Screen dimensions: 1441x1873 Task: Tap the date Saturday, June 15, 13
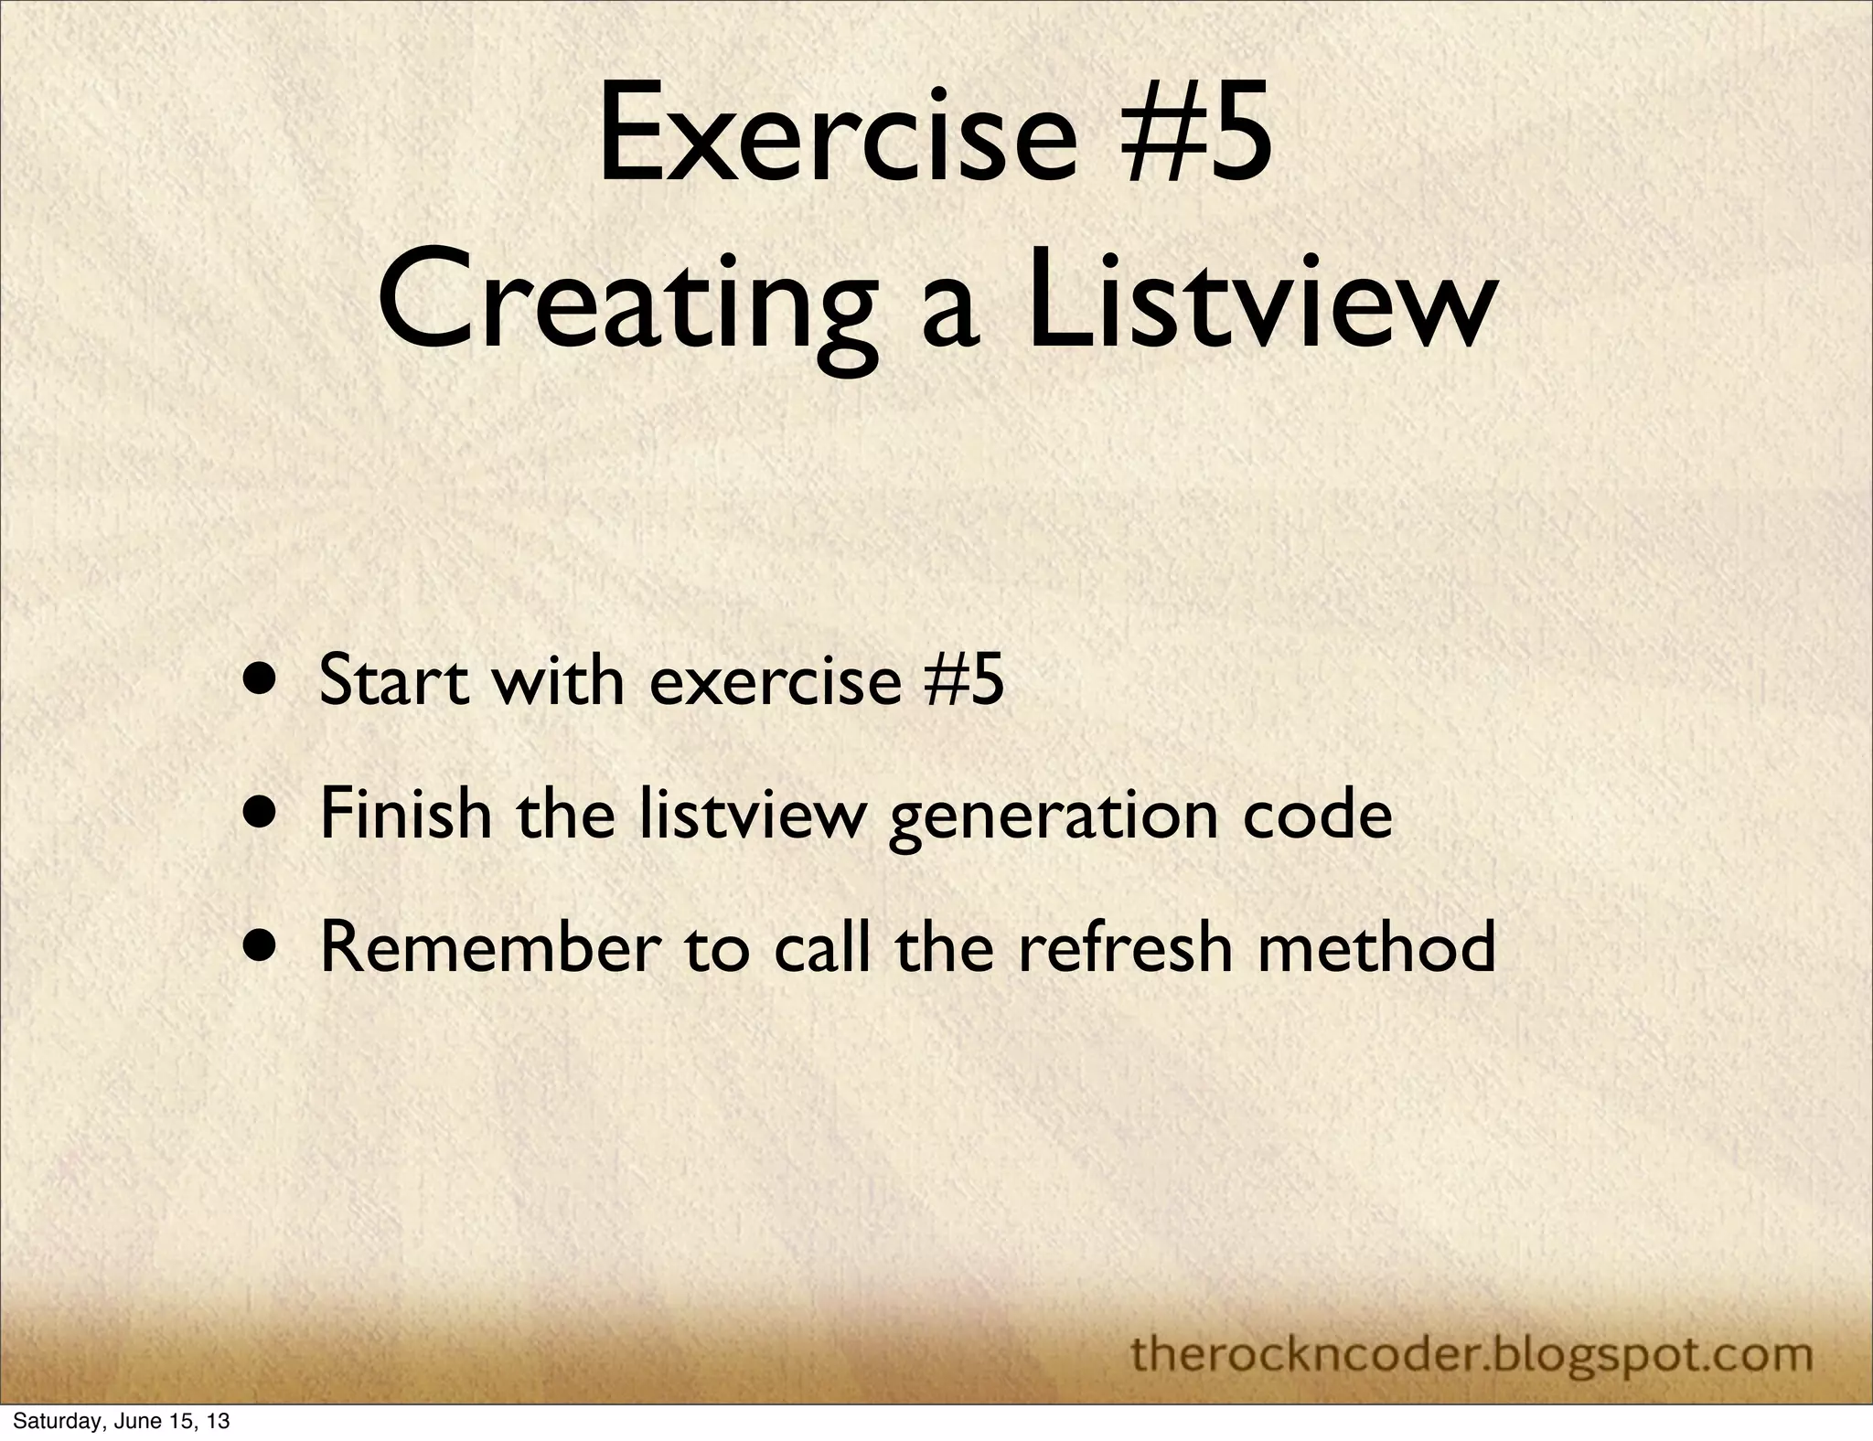[121, 1422]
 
